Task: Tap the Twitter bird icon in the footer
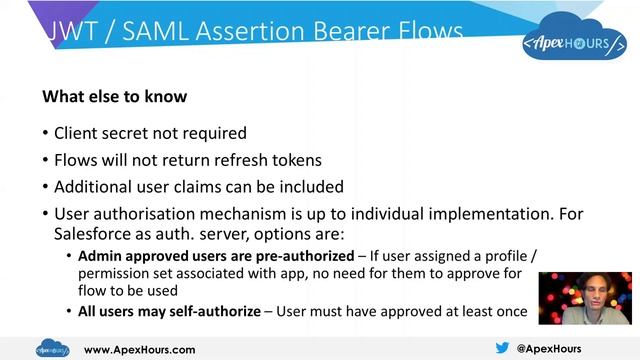502,348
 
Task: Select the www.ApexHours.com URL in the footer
140,349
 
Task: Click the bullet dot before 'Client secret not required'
46,133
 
